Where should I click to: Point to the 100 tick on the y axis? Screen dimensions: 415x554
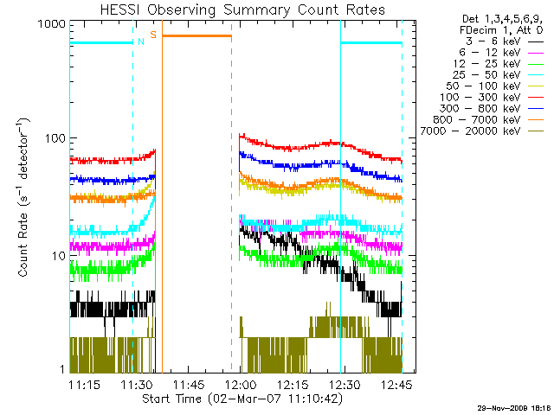(x=55, y=138)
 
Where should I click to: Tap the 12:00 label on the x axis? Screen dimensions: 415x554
(x=240, y=384)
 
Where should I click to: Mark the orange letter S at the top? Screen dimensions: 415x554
(x=153, y=35)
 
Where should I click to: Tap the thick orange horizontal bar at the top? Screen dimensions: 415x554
(x=197, y=35)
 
